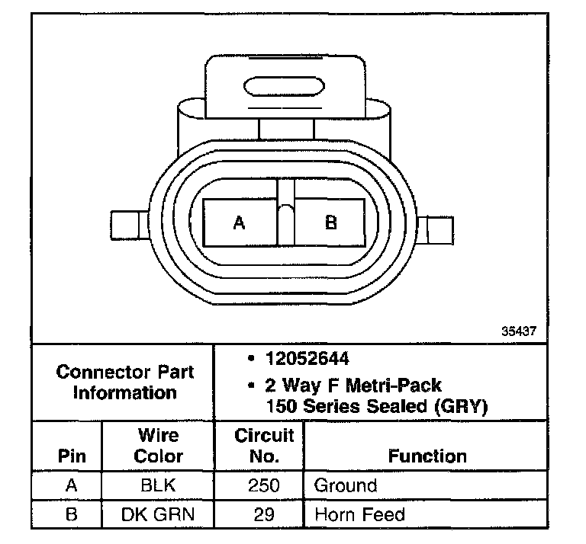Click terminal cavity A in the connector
[x=240, y=222]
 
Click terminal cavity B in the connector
[x=330, y=222]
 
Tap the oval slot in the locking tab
[x=284, y=87]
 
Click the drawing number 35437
[x=519, y=331]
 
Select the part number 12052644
[x=307, y=359]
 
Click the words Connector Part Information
[x=125, y=382]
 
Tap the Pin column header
[x=72, y=456]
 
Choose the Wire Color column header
[x=159, y=446]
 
